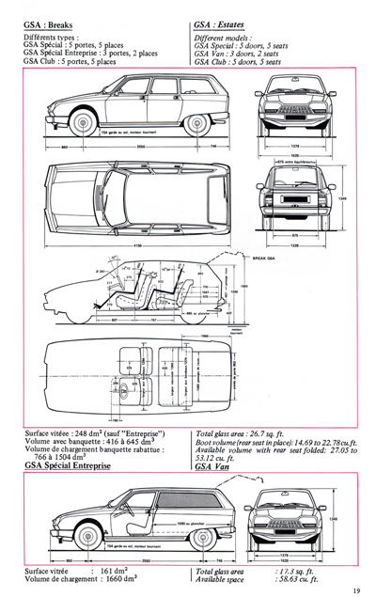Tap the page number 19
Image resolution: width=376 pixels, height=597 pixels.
[357, 589]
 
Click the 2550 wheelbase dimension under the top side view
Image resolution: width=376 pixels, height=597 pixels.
[138, 148]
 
